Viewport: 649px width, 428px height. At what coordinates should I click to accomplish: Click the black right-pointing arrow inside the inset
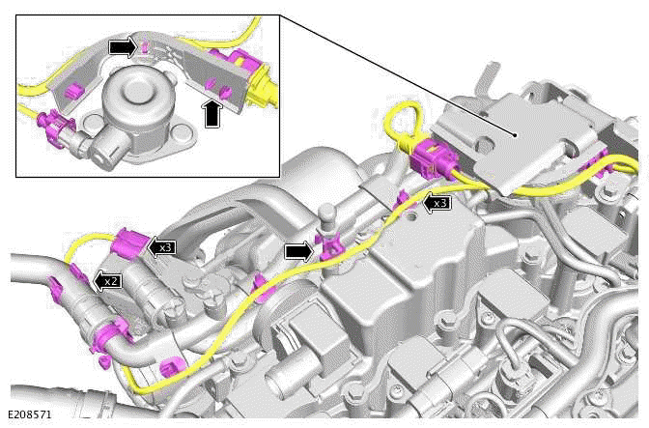pyautogui.click(x=122, y=45)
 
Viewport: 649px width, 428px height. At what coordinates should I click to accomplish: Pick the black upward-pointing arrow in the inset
pyautogui.click(x=212, y=112)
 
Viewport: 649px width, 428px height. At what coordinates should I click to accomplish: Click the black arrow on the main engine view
pyautogui.click(x=299, y=251)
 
